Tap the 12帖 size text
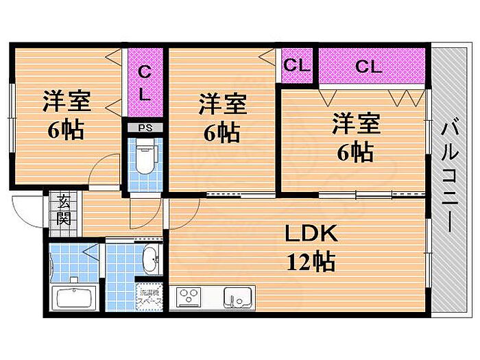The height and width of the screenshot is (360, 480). point(311,262)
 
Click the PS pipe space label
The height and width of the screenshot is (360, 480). point(145,128)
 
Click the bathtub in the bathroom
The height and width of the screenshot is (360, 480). point(73,297)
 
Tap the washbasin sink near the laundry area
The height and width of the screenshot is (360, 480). point(152,260)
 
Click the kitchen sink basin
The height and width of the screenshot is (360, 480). point(237,298)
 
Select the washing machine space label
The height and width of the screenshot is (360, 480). point(149,296)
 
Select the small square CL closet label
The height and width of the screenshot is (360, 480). point(296,65)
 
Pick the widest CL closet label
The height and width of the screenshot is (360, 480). point(369,66)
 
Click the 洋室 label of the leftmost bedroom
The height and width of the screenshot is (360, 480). point(67,101)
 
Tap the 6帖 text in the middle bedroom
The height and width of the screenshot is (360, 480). point(221,133)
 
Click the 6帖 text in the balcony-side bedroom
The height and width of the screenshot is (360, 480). point(355,152)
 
